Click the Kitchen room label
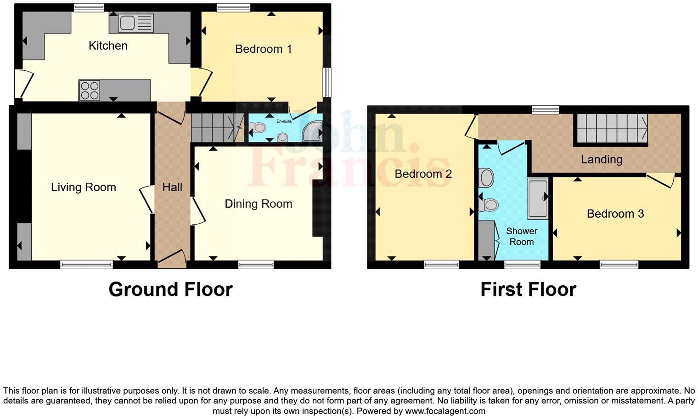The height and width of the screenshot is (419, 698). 108,45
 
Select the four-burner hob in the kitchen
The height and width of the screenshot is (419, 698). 89,90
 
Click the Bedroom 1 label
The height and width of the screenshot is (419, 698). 263,49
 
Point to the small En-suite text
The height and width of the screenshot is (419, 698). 284,121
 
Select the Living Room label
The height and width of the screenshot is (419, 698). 83,187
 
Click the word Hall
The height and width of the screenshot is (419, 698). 172,187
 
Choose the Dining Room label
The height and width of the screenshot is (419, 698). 258,204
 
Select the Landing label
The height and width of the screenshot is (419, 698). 602,159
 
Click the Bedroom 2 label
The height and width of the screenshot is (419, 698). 423,174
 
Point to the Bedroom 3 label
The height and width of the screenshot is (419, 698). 615,214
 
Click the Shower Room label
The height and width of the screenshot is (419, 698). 522,237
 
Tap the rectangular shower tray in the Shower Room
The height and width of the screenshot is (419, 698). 538,198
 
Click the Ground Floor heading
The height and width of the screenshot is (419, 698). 170,289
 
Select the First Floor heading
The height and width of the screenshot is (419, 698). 528,289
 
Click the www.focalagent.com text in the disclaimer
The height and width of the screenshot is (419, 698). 445,411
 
